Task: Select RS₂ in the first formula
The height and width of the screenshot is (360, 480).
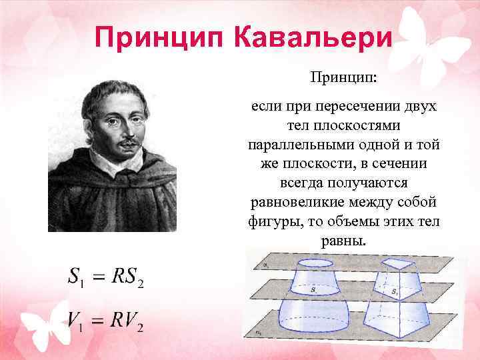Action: coord(128,277)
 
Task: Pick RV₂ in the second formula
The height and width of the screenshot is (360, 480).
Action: coord(128,323)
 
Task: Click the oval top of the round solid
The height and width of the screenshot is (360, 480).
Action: coord(317,265)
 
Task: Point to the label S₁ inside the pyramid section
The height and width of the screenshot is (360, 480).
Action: coord(395,291)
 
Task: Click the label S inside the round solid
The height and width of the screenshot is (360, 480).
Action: coord(313,291)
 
